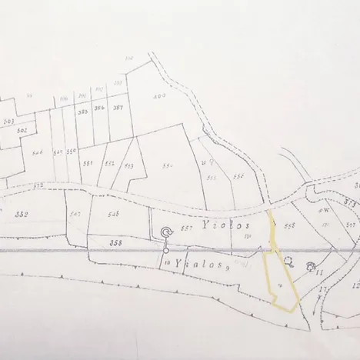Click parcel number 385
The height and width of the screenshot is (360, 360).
83,112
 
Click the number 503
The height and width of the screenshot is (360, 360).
8,121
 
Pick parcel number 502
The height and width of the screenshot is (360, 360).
22,132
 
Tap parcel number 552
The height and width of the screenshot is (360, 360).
110,164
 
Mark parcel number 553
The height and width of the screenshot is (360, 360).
128,166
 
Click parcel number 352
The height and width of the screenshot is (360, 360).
21,214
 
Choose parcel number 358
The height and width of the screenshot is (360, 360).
117,243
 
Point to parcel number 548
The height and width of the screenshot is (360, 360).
113,214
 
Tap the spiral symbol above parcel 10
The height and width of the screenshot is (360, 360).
166,232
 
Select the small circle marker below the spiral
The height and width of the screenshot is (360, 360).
165,249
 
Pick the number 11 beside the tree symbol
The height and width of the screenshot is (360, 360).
318,273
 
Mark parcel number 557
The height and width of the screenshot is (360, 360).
185,228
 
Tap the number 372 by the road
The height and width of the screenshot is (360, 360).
37,185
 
